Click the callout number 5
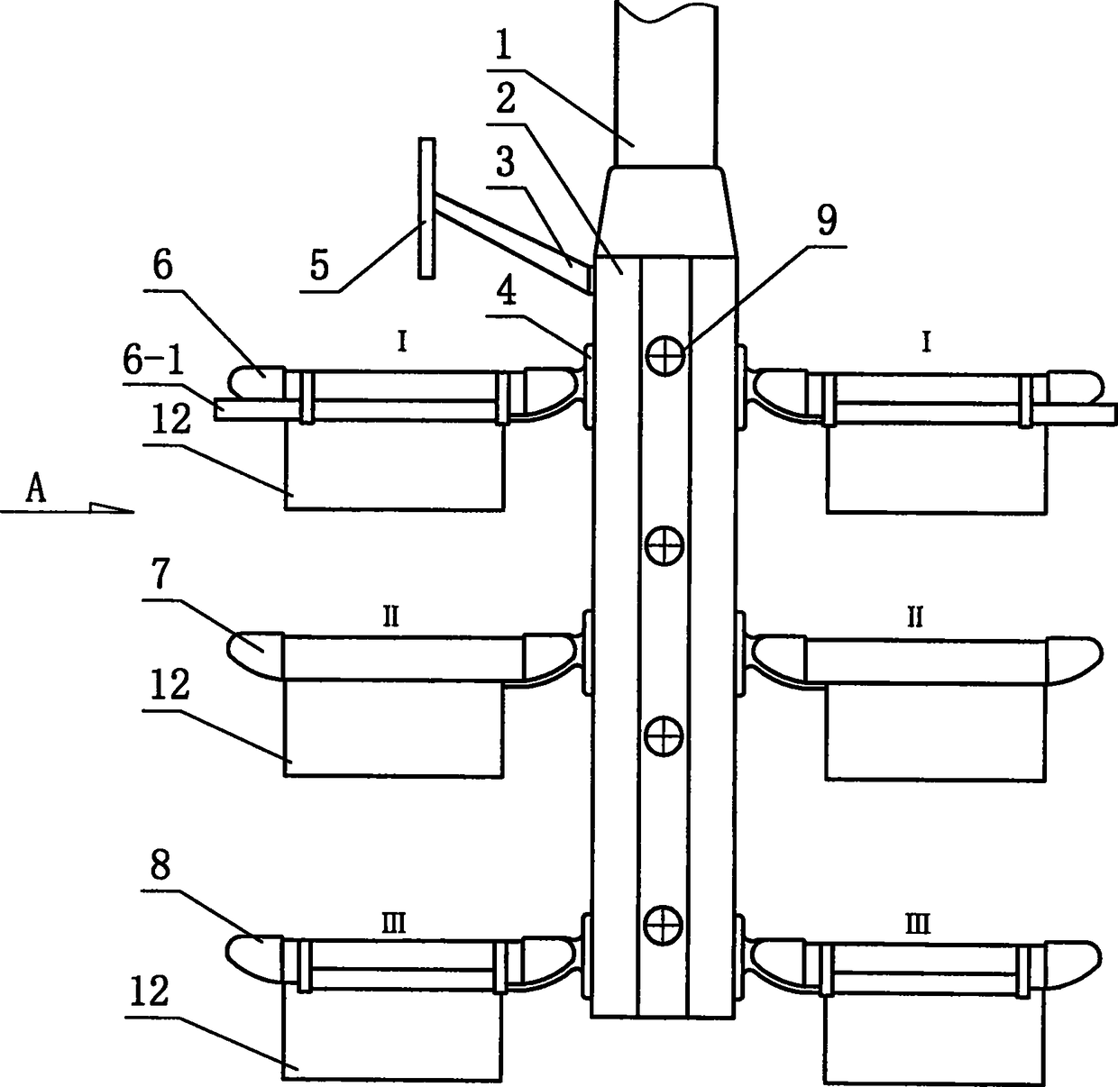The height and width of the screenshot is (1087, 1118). pyautogui.click(x=318, y=268)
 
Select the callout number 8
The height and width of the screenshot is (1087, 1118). pyautogui.click(x=160, y=868)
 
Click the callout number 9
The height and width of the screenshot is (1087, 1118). pyautogui.click(x=827, y=218)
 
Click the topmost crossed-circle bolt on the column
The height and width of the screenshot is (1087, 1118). pyautogui.click(x=664, y=358)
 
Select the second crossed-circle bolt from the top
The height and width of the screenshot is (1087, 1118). pyautogui.click(x=664, y=544)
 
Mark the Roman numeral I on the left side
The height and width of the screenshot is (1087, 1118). pyautogui.click(x=402, y=343)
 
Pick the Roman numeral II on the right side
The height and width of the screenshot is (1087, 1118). pyautogui.click(x=914, y=617)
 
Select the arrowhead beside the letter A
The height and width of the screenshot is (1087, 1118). pyautogui.click(x=113, y=507)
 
